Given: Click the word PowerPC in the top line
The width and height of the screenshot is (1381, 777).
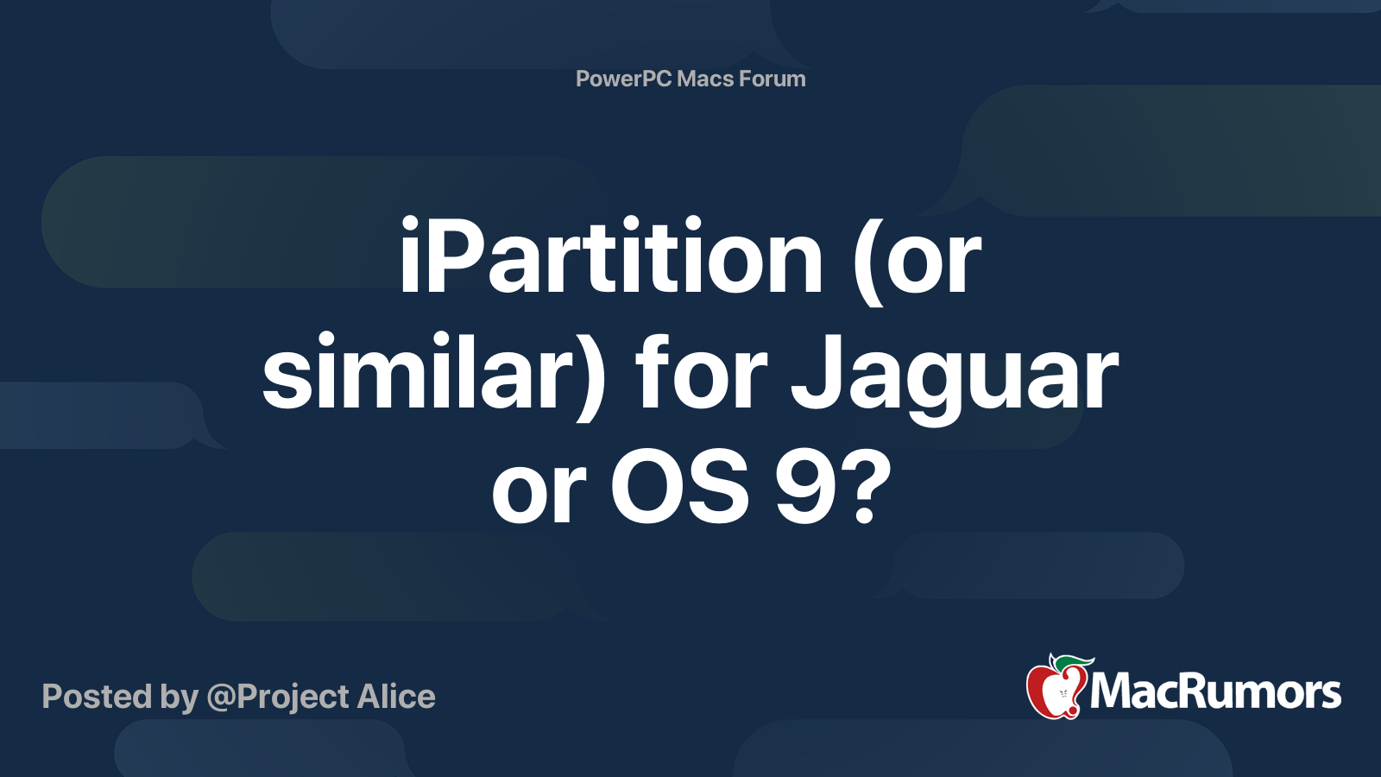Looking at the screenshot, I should (x=623, y=79).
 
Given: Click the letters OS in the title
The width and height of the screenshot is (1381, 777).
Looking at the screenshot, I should (x=680, y=489).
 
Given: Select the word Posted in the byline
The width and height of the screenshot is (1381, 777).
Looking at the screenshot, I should (x=98, y=697).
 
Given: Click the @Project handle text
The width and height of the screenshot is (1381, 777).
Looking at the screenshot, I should (x=277, y=697).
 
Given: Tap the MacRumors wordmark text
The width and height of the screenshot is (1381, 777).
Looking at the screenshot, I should (x=1215, y=692).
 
